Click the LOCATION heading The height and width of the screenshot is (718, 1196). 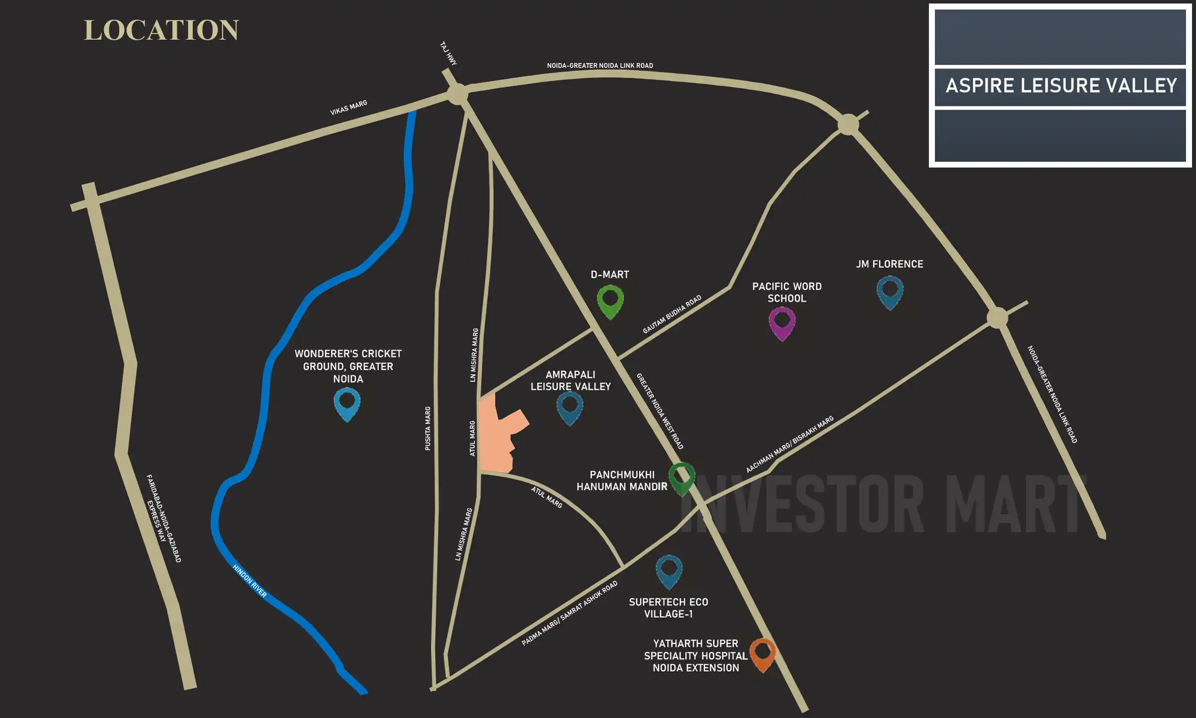coord(161,30)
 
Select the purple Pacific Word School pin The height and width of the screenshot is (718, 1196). coord(782,322)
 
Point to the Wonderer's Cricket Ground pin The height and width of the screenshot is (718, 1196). coord(347,403)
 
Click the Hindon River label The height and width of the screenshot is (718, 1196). coord(250,581)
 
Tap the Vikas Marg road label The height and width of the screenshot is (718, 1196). coord(348,107)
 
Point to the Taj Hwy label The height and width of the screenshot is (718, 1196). coord(448,53)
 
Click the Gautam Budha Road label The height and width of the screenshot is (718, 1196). coord(672,314)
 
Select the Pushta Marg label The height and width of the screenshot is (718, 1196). coord(428,428)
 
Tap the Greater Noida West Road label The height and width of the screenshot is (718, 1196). coord(659,411)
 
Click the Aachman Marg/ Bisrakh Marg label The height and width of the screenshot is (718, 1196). coord(789,444)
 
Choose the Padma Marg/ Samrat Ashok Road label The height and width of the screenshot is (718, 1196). coord(570,613)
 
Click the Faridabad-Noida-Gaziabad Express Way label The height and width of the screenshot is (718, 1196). coord(163,519)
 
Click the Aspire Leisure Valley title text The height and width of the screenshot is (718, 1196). coord(1061,86)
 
